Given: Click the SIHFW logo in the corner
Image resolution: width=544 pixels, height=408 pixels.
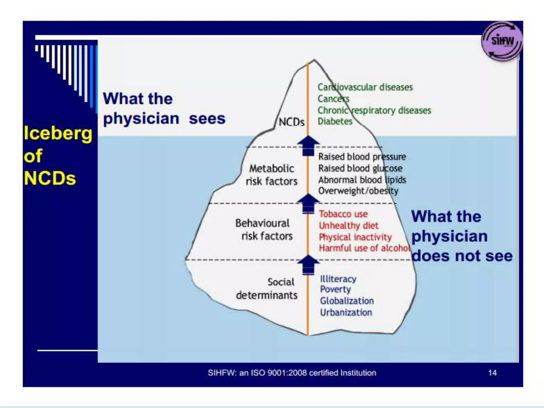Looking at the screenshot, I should (x=501, y=41).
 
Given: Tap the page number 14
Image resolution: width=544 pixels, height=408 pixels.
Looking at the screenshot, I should (x=492, y=373).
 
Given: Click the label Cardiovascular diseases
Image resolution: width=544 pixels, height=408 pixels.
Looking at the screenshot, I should (x=365, y=87).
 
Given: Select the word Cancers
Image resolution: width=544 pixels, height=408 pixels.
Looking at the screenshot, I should (x=333, y=99).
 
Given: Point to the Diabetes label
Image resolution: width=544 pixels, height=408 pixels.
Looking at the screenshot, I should (x=335, y=121).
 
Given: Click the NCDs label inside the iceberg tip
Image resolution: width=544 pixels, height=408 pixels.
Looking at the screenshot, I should (x=291, y=122).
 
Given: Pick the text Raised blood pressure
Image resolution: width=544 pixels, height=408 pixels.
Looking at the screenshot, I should (x=362, y=157).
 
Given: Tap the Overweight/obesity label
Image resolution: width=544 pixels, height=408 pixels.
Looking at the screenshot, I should (x=358, y=191).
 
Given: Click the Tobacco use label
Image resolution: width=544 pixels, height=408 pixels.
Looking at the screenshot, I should (x=343, y=214).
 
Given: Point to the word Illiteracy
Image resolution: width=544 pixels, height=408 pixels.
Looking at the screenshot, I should (x=338, y=279).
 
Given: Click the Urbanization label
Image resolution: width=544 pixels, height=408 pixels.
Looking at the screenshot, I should (x=346, y=312).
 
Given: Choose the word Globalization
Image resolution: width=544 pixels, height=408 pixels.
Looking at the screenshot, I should (x=347, y=301).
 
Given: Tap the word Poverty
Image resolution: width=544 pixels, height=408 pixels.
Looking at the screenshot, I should (x=335, y=289).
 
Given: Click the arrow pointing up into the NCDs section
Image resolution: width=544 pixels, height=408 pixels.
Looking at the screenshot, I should (x=308, y=146).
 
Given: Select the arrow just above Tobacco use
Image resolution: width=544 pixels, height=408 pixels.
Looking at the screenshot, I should (x=308, y=203).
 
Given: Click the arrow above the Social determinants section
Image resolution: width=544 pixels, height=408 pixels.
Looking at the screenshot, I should (x=308, y=265).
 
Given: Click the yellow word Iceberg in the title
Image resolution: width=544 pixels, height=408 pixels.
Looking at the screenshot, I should (x=58, y=133).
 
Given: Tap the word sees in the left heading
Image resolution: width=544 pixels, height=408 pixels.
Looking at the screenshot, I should (x=207, y=118).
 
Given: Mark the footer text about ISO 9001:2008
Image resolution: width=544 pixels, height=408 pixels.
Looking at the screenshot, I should (x=292, y=373).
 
